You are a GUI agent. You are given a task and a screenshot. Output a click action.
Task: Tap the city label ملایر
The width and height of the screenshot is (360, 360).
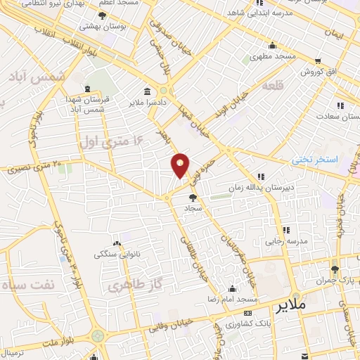pos(291,306)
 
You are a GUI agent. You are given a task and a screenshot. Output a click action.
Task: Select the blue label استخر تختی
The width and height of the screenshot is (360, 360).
pos(316,160)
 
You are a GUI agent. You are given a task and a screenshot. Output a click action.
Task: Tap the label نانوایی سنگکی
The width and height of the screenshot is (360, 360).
pos(117,253)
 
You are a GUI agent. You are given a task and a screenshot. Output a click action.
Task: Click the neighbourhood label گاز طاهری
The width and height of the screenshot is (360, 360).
pos(131,286)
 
